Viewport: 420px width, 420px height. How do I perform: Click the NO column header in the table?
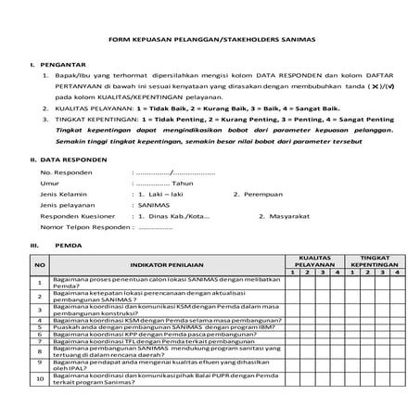coord(39,264)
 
